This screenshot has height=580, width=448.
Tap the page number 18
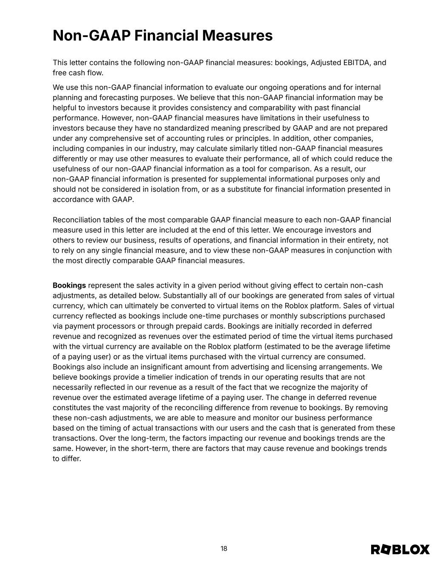(x=224, y=549)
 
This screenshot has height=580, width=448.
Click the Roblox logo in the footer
(x=400, y=549)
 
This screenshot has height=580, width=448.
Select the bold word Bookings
(x=69, y=286)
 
